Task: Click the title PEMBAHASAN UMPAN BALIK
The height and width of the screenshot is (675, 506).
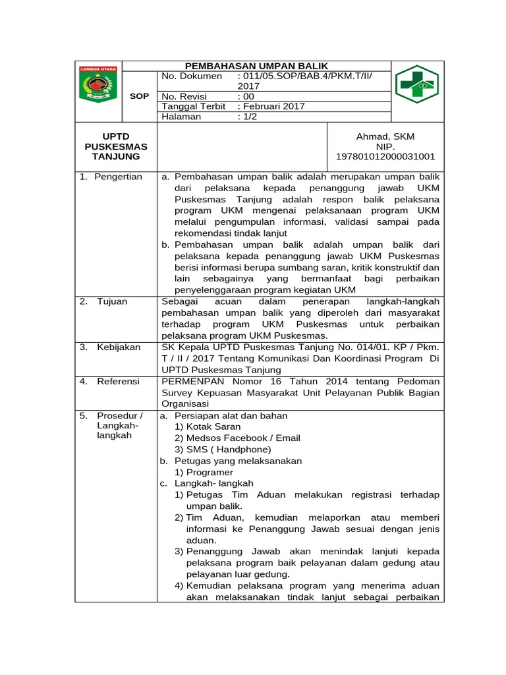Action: point(256,66)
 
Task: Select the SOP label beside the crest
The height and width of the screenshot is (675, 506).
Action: point(140,96)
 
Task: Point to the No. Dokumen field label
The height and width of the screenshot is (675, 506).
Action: point(192,76)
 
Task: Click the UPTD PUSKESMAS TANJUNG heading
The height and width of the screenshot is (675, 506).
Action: point(116,146)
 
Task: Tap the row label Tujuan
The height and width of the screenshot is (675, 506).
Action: point(113,301)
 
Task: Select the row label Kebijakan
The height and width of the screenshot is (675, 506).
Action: point(119,347)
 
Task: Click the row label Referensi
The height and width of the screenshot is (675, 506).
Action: point(119,382)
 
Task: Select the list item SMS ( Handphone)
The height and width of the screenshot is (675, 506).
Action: point(224,450)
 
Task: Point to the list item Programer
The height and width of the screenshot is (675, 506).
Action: point(210,473)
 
